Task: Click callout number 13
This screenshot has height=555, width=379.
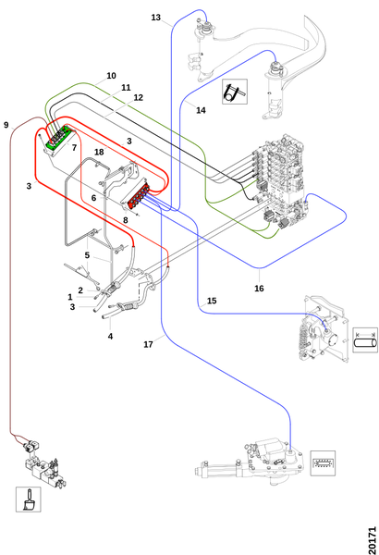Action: (155, 18)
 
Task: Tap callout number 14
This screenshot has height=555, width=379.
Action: (201, 110)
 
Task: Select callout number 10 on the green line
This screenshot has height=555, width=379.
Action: (111, 76)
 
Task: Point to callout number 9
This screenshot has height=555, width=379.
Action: (6, 125)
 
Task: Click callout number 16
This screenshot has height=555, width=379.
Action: (259, 289)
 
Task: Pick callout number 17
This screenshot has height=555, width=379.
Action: (148, 344)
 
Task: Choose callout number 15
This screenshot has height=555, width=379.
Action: (212, 301)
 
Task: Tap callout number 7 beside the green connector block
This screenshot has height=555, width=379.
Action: (74, 148)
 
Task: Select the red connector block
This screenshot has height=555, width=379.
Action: (139, 195)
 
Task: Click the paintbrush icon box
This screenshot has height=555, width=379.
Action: (29, 499)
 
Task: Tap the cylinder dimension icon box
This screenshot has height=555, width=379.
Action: (365, 340)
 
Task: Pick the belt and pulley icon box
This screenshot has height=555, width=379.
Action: (235, 92)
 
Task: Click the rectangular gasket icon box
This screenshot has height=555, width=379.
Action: (323, 463)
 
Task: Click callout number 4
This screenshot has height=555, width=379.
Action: (110, 337)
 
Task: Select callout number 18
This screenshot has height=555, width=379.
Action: (99, 153)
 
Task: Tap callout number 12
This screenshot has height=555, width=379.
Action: (138, 97)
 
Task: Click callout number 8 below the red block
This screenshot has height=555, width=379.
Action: (126, 220)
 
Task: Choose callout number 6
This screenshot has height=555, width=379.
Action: (93, 198)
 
